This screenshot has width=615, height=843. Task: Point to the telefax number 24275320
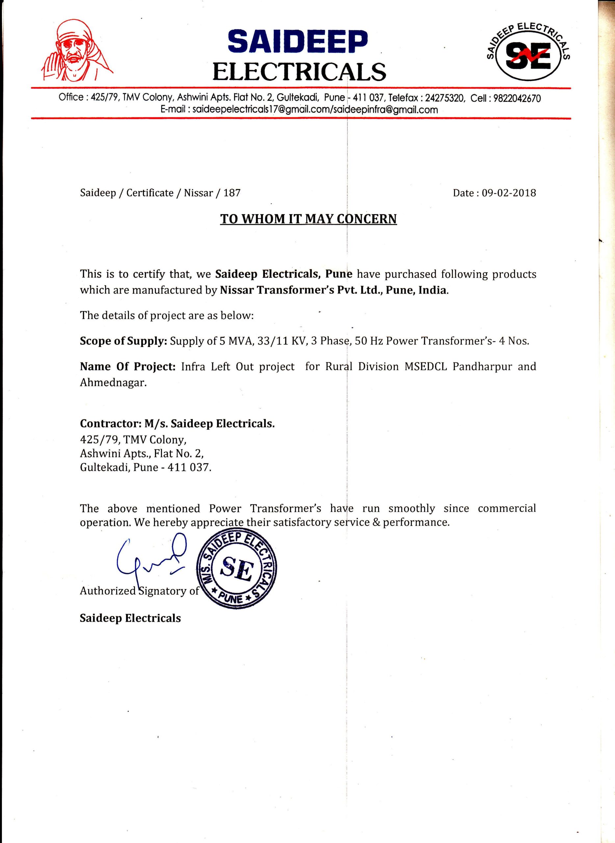click(x=445, y=98)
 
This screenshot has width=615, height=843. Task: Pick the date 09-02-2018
click(x=509, y=193)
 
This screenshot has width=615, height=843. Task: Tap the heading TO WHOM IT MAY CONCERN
click(x=308, y=219)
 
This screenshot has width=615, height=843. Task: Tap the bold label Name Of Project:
click(x=128, y=367)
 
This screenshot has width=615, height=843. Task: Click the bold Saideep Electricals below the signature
click(x=130, y=618)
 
